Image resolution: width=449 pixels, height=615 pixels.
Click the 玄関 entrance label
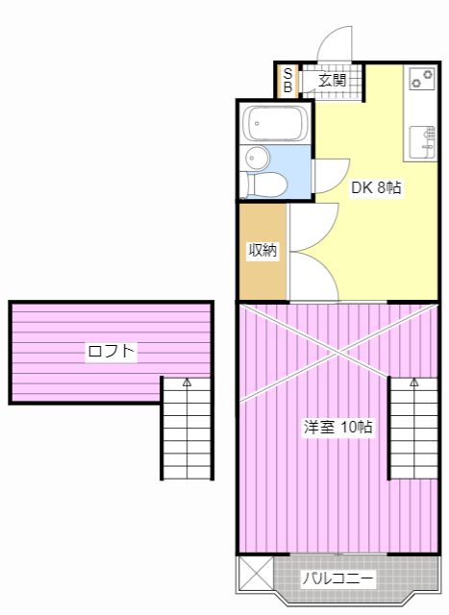pos(332,81)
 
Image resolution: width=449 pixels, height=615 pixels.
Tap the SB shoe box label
pos(287,80)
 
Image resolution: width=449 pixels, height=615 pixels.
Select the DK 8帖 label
pos(376,187)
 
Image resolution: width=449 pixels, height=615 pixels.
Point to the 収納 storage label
pos(262,250)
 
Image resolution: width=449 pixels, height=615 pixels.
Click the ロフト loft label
pos(112,350)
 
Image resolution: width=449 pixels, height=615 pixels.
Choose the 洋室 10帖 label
pos(337,427)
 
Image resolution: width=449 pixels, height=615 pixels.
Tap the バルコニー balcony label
pos(337,578)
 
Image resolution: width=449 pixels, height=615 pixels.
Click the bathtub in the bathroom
pos(276,124)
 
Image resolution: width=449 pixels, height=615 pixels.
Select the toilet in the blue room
pos(263,184)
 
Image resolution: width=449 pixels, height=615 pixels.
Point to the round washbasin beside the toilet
pos(257,158)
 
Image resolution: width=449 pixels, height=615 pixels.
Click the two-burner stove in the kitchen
pos(422,79)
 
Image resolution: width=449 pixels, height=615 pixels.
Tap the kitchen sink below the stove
pos(422,142)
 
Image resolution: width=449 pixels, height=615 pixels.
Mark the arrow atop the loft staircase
pos(187,381)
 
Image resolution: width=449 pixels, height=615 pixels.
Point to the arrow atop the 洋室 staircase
pos(414,381)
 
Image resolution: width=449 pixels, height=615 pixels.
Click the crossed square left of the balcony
pos(256,573)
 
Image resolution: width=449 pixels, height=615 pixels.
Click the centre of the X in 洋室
pos(337,354)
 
